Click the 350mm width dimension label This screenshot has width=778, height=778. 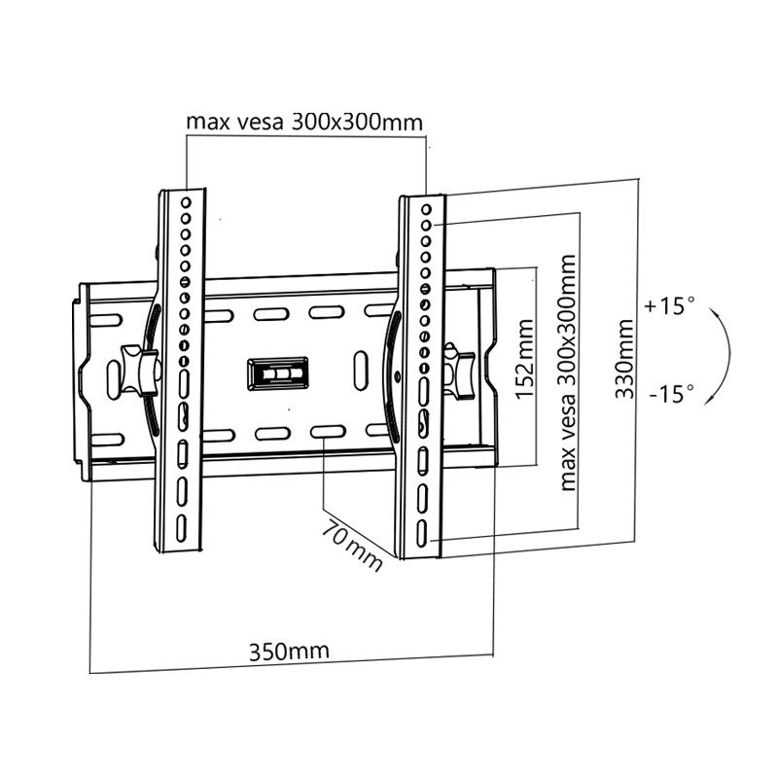point(289,652)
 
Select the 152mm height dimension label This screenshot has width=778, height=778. point(524,359)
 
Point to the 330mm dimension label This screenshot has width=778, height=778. point(624,359)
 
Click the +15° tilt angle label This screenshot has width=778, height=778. point(669,305)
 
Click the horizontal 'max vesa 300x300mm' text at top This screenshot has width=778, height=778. point(304,122)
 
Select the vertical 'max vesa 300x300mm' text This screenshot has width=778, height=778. point(568,372)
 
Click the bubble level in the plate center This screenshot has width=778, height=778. point(278,373)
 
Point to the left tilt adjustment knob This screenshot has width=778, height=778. point(139,371)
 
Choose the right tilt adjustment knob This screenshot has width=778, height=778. point(459,370)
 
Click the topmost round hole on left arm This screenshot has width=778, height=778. point(186,202)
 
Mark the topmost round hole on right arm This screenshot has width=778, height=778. point(426,209)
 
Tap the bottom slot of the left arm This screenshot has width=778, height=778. point(181,528)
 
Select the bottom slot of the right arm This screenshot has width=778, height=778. point(422,534)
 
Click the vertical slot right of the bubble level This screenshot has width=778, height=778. point(361,371)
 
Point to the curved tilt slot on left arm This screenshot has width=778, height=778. point(153,370)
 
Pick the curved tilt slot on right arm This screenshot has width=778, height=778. point(393,375)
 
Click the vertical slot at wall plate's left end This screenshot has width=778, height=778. point(113,379)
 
